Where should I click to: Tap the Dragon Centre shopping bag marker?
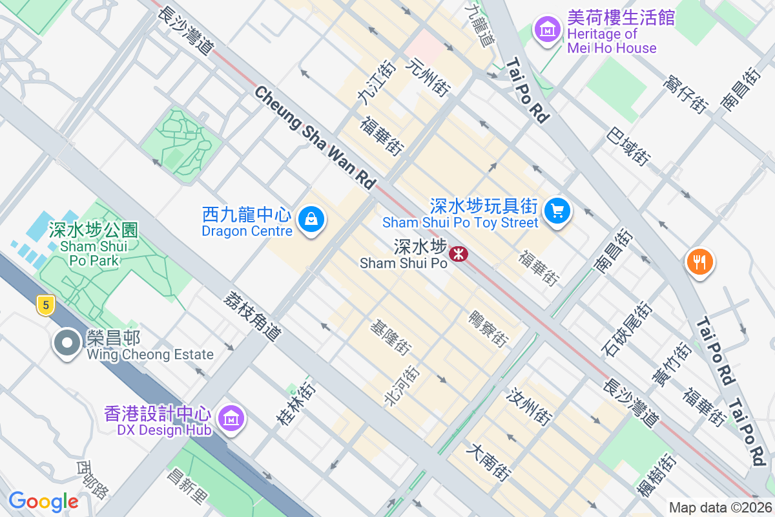point(311,220)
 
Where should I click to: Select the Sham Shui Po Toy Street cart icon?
point(557,211)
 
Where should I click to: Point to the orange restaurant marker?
point(700,262)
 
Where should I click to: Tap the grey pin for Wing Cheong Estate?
point(68,343)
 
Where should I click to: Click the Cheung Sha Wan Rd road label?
point(315,138)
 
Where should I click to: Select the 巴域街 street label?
point(628,145)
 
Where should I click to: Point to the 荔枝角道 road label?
point(253,316)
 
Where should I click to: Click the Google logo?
point(43,501)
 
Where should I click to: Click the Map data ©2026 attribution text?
point(719,508)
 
